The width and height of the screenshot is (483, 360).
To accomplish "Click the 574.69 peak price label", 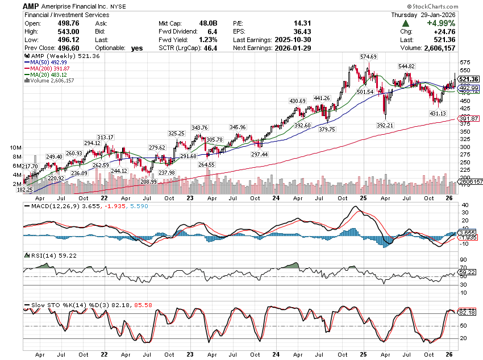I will pos(367,57).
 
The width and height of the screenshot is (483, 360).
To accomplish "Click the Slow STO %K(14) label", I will pos(57,305).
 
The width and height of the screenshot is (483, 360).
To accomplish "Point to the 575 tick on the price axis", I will pos(464,63).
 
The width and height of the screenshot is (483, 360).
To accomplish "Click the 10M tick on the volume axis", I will pos(16,147).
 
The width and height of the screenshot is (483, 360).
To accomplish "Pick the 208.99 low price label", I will pos(149,181).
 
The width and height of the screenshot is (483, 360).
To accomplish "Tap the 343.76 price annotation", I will pos(200,127).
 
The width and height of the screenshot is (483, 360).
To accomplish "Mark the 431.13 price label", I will pos(438,114).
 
